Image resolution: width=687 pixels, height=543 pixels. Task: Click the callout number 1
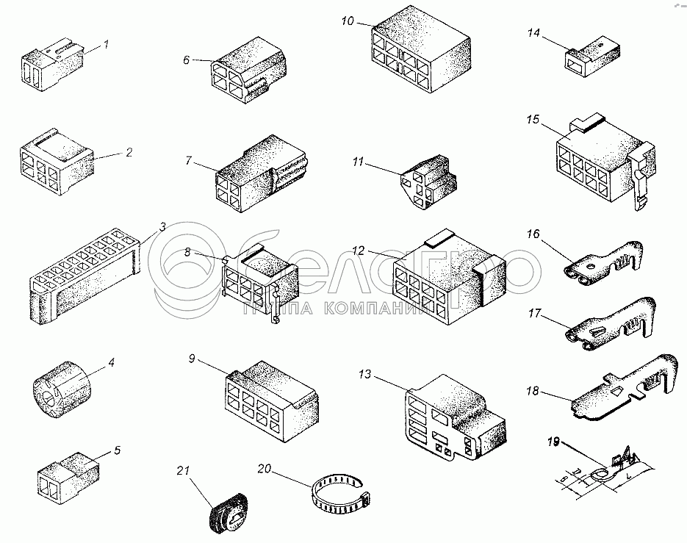pyautogui.click(x=105, y=44)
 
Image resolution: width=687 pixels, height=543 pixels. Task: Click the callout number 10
pyautogui.click(x=348, y=20)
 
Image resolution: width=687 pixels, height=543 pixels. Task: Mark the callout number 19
pyautogui.click(x=553, y=442)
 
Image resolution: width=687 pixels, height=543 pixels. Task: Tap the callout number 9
pyautogui.click(x=192, y=359)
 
